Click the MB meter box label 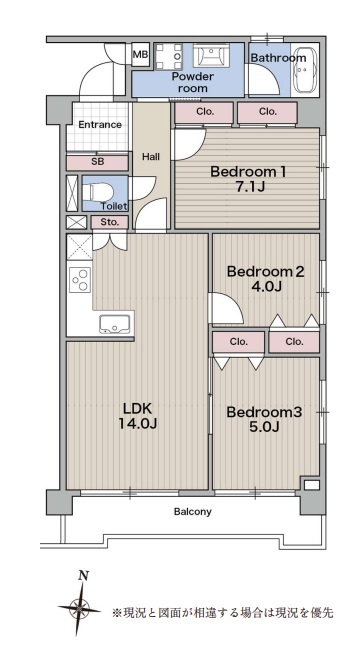click(141, 54)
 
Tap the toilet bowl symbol click(98, 192)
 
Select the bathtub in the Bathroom click(304, 70)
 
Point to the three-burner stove click(79, 280)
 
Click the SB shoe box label click(98, 162)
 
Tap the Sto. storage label click(110, 222)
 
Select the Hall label click(151, 157)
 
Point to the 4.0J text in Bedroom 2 click(265, 286)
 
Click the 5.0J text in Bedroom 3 click(264, 427)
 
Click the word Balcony click(192, 512)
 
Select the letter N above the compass click(84, 576)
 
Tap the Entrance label click(100, 124)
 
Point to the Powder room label click(193, 82)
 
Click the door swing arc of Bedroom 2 click(235, 304)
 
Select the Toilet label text click(114, 206)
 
